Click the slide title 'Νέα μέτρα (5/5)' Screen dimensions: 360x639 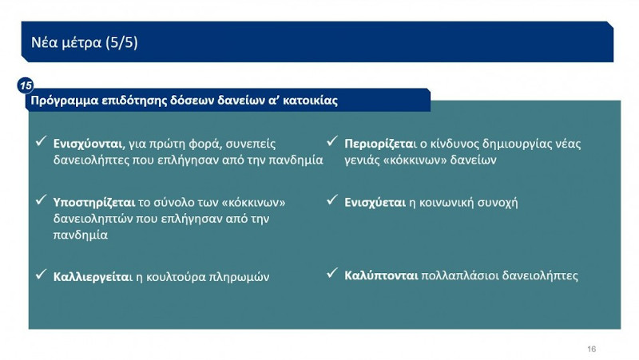tap(85, 43)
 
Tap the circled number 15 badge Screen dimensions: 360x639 tap(26, 85)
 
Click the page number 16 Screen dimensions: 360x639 tap(591, 349)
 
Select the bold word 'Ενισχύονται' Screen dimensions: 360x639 tap(88, 144)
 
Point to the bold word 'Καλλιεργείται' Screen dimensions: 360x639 tap(91, 277)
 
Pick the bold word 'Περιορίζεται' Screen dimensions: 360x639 tap(381, 144)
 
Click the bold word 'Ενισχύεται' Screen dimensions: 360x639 tap(375, 202)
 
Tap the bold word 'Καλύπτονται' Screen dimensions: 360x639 tap(382, 275)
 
